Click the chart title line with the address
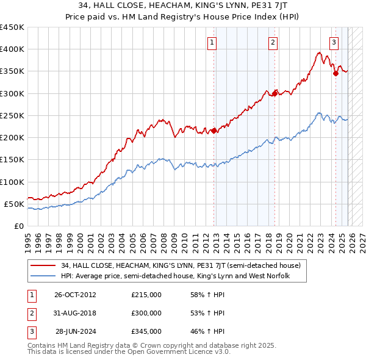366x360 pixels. point(183,5)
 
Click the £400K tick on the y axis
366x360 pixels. point(12,49)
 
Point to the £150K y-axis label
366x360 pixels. point(12,160)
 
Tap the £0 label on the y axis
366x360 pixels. point(19,226)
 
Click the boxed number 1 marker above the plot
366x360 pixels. point(212,42)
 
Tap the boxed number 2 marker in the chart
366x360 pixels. point(273,42)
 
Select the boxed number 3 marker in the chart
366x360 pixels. point(334,42)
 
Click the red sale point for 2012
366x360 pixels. point(214,131)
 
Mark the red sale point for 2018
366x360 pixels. point(275,93)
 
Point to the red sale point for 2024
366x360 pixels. point(335,73)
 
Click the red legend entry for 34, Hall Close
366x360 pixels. point(181,265)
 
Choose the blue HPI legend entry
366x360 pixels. point(174,276)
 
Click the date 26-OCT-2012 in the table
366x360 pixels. point(75,295)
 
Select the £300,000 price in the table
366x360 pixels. point(146,313)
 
